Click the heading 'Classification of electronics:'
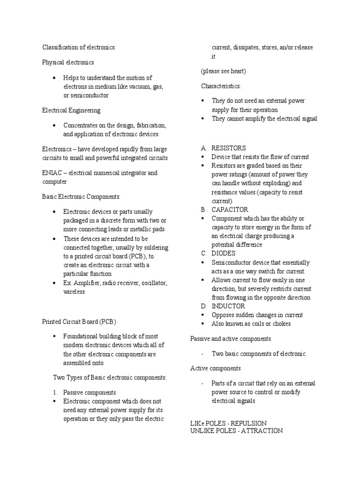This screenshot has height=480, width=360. click(79, 47)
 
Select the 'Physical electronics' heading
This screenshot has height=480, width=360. click(68, 62)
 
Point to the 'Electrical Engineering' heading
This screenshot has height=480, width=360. click(71, 111)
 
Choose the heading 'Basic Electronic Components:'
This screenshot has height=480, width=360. click(82, 197)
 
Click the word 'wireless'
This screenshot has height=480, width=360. click(74, 292)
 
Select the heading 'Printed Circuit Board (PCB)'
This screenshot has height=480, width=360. click(79, 322)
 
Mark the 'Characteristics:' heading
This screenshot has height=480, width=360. click(221, 86)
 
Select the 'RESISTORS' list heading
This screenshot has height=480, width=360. click(229, 148)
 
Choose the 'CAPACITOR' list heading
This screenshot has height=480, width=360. click(230, 210)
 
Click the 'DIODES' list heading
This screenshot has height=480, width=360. click(224, 253)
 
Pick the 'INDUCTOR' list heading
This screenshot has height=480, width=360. click(228, 306)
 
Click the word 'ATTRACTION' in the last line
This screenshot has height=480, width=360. click(262, 430)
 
